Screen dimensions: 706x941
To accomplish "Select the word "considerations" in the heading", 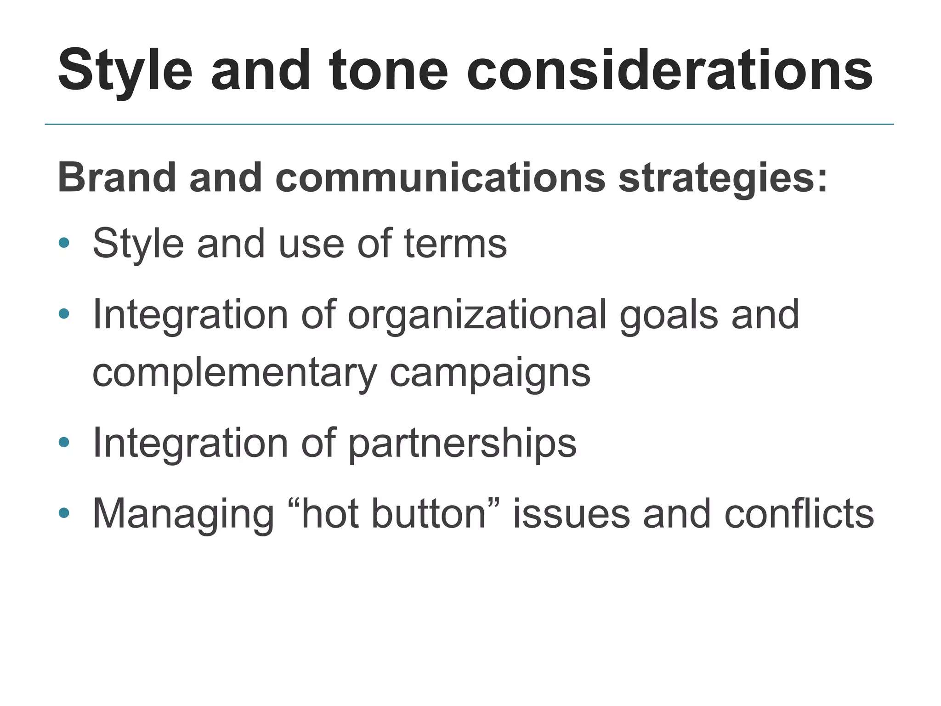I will pos(669,71).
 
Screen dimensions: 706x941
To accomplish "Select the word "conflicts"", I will pos(799,514).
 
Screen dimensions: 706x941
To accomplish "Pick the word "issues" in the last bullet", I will pos(571,514).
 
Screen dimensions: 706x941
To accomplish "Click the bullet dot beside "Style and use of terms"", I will pos(64,242).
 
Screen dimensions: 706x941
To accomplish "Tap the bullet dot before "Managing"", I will pos(64,512).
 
